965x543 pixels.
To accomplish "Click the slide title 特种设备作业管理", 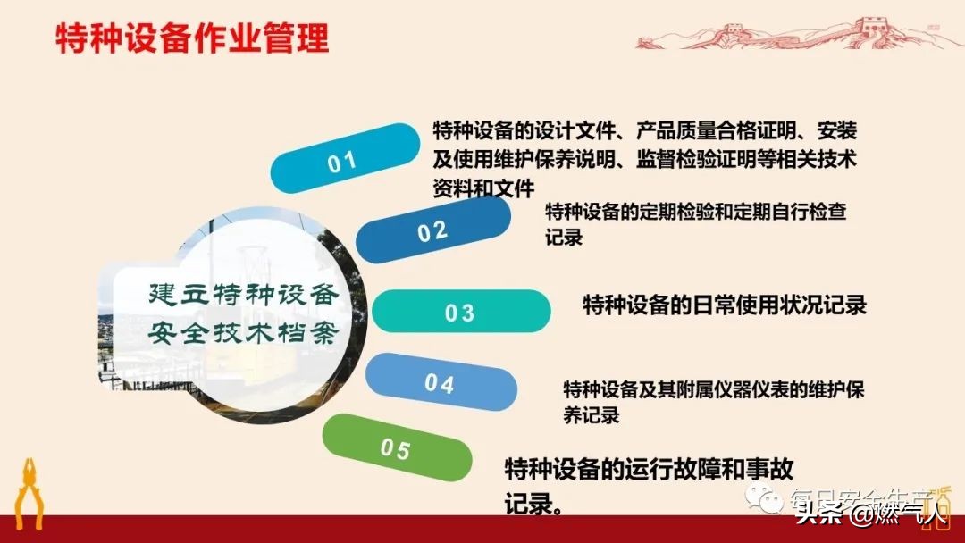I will pyautogui.click(x=192, y=40).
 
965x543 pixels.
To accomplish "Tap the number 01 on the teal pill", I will pyautogui.click(x=342, y=162).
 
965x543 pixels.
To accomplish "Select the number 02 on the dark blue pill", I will pyautogui.click(x=432, y=231).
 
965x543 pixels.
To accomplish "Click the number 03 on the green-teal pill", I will pyautogui.click(x=459, y=313).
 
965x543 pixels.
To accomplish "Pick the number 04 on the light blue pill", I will pyautogui.click(x=440, y=384).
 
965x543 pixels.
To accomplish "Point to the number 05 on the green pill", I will pyautogui.click(x=395, y=448).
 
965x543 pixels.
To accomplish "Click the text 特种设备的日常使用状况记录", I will pyautogui.click(x=725, y=305).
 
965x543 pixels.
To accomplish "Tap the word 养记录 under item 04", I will pyautogui.click(x=591, y=415).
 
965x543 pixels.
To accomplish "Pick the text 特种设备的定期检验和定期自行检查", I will pyautogui.click(x=695, y=213).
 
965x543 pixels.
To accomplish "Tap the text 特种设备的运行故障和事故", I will pyautogui.click(x=650, y=469).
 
